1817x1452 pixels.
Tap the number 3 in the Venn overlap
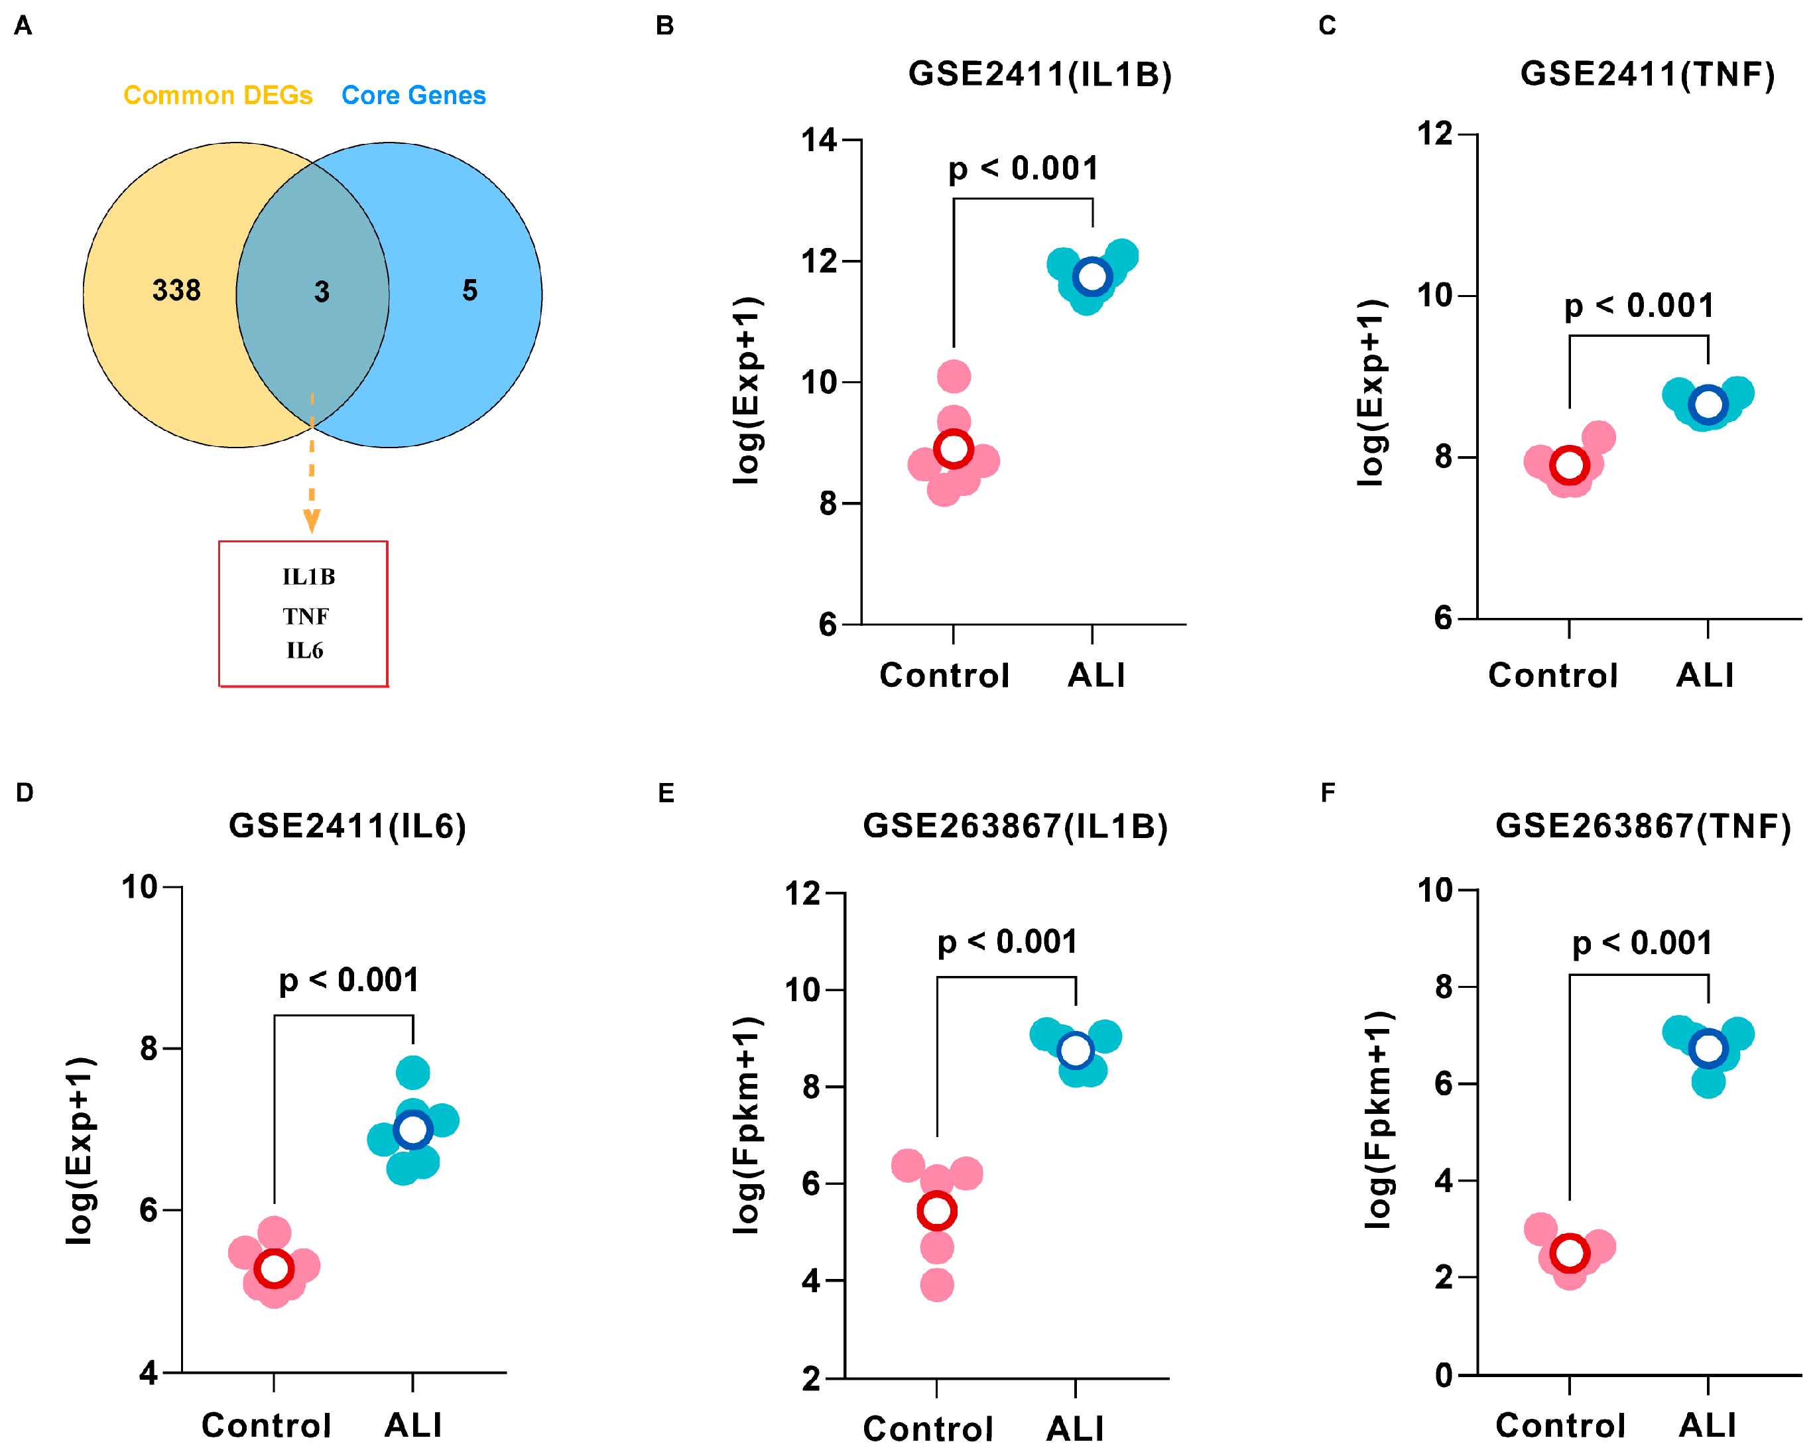321,292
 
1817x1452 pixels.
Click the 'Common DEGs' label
218,95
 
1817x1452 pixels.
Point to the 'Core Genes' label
413,95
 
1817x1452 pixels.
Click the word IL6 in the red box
304,650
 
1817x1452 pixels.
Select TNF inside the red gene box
305,616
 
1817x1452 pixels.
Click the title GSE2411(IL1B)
1039,74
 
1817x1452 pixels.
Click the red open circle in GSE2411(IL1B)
953,448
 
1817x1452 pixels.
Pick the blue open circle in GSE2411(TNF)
1708,404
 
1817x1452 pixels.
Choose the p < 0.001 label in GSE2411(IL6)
348,979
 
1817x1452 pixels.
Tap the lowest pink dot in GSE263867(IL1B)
936,1285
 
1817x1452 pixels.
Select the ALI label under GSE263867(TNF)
1707,1425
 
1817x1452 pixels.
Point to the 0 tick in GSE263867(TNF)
1444,1374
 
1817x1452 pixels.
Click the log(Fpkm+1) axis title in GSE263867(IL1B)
747,1125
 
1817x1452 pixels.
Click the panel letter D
25,792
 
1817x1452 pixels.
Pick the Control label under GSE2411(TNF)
1552,675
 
